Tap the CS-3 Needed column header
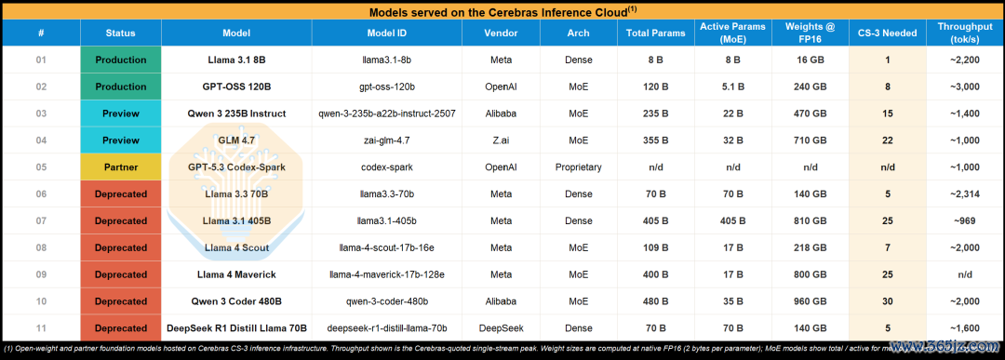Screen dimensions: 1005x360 [x=887, y=33]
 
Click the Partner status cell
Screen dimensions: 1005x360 [x=120, y=167]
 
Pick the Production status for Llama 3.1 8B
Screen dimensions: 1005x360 [x=120, y=60]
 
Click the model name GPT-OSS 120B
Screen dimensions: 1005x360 [x=235, y=87]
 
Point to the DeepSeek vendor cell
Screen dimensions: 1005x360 [x=502, y=328]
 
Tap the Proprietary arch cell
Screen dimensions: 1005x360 [x=578, y=167]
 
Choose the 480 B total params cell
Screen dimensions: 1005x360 [x=655, y=301]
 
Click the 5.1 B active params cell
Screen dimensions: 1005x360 [x=732, y=87]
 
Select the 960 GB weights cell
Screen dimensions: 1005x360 [x=811, y=301]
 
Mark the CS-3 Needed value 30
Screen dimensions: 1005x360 [x=887, y=301]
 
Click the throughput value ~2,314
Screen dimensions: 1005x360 [x=965, y=194]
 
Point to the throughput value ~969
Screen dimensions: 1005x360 [x=965, y=221]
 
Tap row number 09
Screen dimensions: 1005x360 [x=41, y=274]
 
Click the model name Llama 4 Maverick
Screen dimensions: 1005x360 [x=235, y=274]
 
